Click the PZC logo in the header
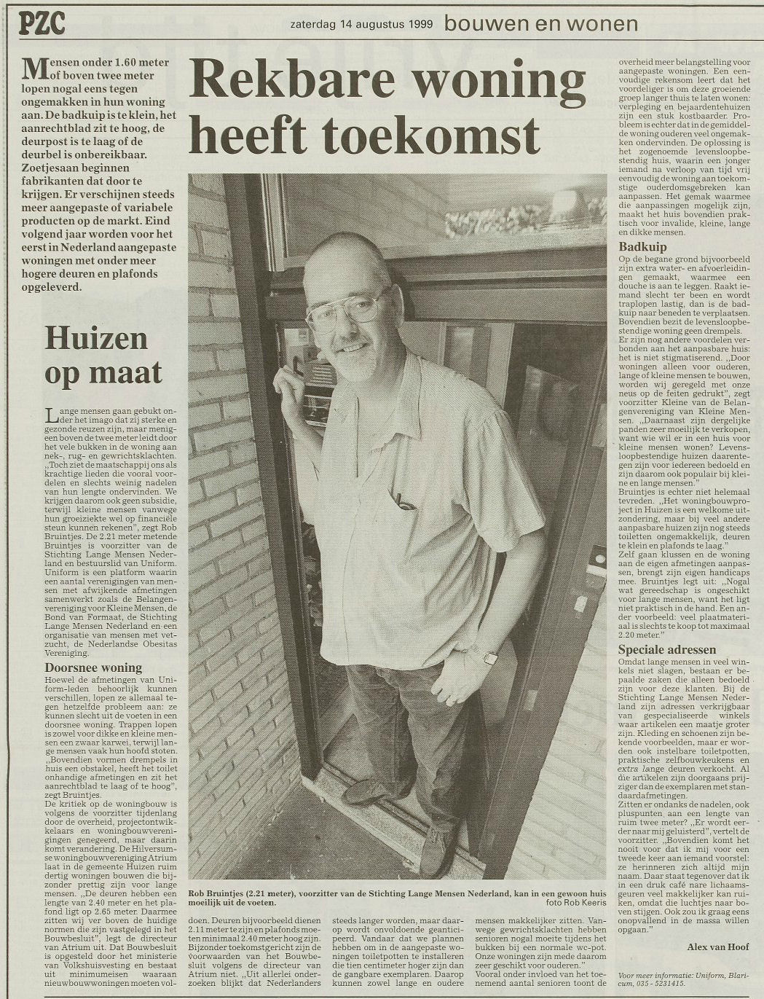(x=42, y=24)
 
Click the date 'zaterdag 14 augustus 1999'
(x=361, y=24)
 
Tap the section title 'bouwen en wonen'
(x=540, y=24)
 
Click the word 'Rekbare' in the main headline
(x=291, y=82)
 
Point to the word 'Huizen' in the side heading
(x=96, y=338)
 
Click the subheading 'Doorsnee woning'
(x=93, y=667)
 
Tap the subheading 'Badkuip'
(x=642, y=246)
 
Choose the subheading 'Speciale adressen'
(x=667, y=649)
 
